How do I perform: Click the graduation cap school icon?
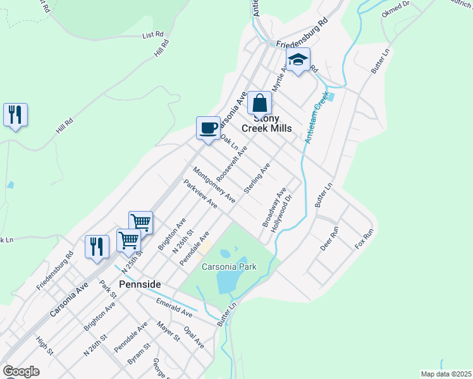point(298,61)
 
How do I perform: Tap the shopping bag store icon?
point(259,103)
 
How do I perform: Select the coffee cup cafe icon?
point(208,129)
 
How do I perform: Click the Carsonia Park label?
point(229,267)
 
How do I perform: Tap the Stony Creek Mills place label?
point(272,123)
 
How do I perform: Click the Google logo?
point(21,371)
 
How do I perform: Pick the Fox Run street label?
point(365,238)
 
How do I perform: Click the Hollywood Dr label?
point(282,214)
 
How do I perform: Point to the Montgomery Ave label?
point(214,184)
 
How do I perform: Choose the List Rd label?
point(153,35)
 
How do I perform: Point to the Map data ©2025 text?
point(446,374)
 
